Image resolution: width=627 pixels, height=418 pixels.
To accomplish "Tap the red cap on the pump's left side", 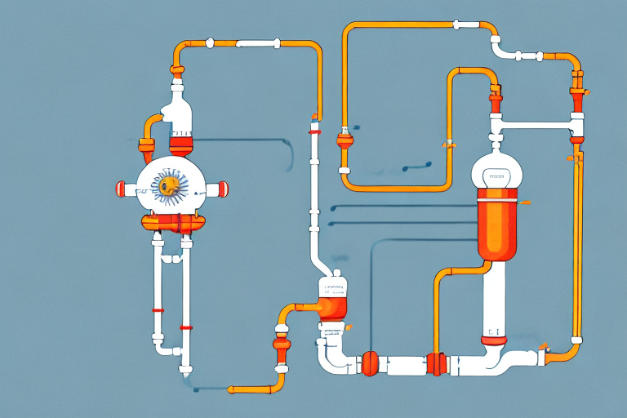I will point(122,189).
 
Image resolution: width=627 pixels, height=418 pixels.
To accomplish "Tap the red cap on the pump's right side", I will point(222,189).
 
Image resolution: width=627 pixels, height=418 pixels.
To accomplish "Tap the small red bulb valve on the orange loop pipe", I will point(345,136).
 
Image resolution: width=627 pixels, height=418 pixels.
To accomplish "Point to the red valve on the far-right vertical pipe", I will point(576,102).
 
